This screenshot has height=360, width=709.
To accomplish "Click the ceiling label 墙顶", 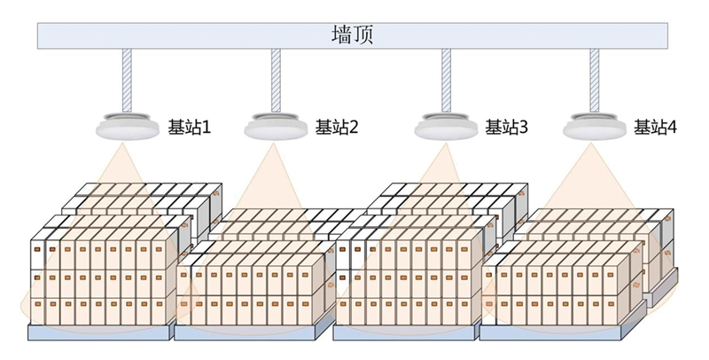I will click(352, 35).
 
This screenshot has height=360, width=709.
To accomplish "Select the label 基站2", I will click(337, 128).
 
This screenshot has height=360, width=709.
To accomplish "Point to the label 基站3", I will click(506, 128).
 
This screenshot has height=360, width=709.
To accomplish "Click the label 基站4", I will click(655, 128).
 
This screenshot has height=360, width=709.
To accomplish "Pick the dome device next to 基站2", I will click(276, 125).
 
